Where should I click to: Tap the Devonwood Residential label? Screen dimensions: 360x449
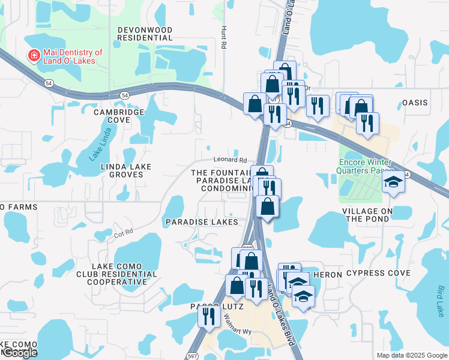point(145,34)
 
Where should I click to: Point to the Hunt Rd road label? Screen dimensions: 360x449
point(224,37)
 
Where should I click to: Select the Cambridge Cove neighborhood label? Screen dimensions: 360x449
point(119,116)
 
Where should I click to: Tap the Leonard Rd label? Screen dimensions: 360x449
point(231,160)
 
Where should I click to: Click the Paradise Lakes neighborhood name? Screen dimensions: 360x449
point(202,221)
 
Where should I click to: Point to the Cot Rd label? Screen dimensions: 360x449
point(124,231)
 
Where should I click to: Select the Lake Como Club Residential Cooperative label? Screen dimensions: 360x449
point(125,274)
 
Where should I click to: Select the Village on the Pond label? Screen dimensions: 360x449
point(367,215)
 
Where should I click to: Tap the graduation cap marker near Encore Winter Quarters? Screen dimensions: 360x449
point(394,182)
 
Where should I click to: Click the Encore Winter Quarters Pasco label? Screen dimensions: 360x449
point(365,167)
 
